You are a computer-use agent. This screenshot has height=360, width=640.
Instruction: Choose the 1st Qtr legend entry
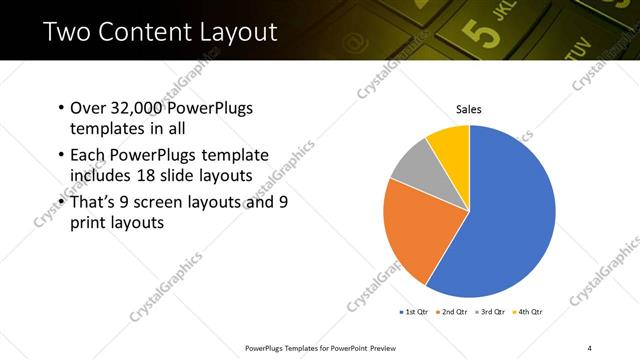415,313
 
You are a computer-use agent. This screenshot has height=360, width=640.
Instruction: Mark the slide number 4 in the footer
590,347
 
